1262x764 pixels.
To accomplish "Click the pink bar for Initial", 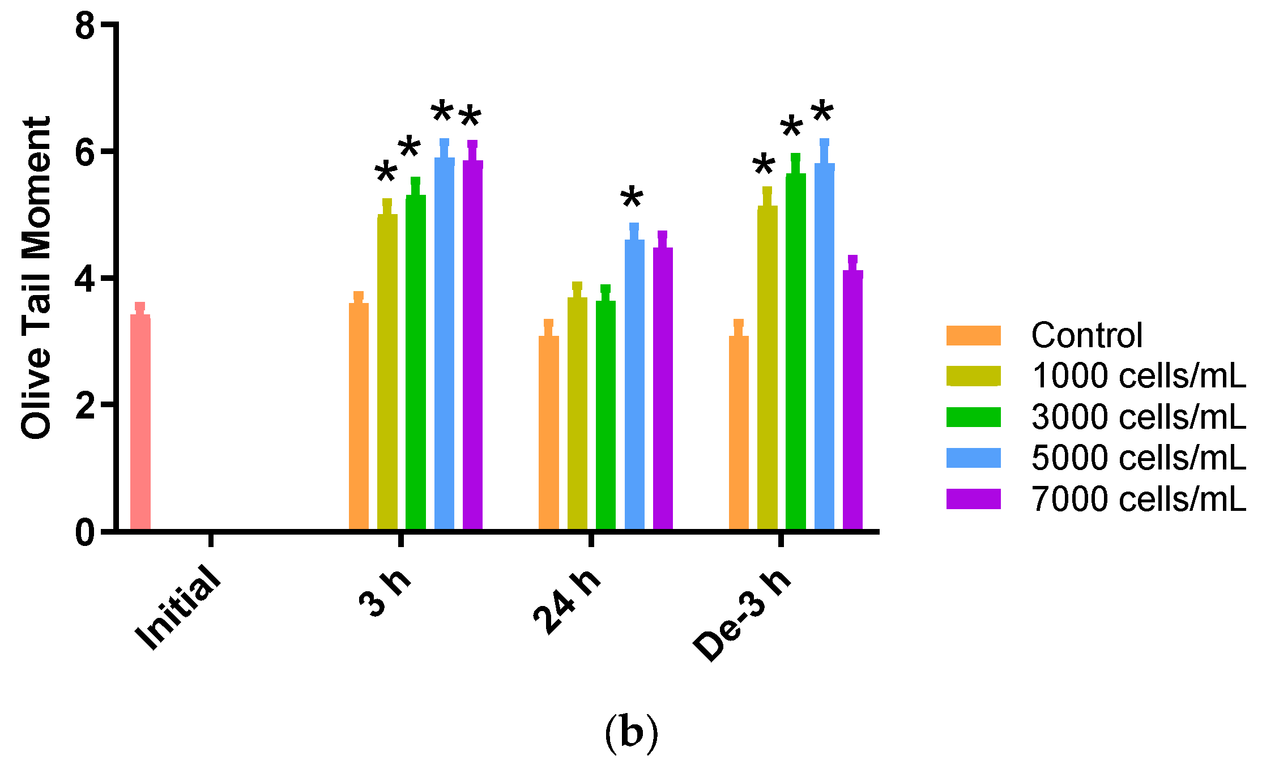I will [x=140, y=422].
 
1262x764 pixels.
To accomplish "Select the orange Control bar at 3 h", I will [x=359, y=416].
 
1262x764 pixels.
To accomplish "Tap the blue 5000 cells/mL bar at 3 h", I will [x=444, y=343].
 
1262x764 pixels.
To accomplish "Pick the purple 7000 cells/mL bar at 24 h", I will [x=663, y=388].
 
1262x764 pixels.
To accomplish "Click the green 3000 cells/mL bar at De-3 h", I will [x=795, y=351].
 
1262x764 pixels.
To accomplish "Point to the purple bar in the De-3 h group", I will [x=852, y=399].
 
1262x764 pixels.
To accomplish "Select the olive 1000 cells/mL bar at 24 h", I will [x=577, y=413].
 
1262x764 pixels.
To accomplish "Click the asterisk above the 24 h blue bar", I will [x=632, y=199].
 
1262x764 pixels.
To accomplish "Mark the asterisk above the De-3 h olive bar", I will [x=764, y=167].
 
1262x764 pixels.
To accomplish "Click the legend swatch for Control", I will [x=973, y=335].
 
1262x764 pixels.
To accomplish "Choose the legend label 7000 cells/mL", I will [x=1139, y=499].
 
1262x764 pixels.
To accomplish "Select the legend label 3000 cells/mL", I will [x=1139, y=417].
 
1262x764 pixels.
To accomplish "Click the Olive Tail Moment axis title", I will [x=36, y=278].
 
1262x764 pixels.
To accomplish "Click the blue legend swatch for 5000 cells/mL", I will [x=973, y=458].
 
